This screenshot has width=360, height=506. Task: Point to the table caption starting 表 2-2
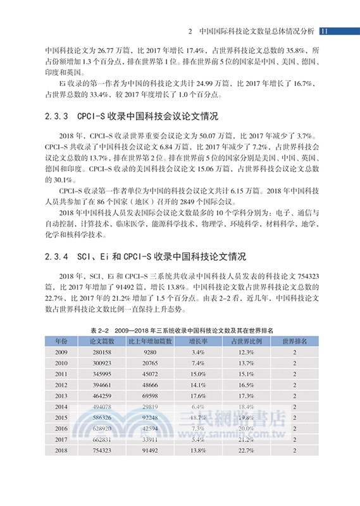pyautogui.click(x=180, y=330)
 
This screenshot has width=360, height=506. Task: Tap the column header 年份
pyautogui.click(x=61, y=341)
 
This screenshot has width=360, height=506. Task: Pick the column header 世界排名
pyautogui.click(x=294, y=341)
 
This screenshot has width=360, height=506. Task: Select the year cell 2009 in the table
pyautogui.click(x=61, y=352)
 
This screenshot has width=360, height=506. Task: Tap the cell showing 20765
pyautogui.click(x=150, y=363)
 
